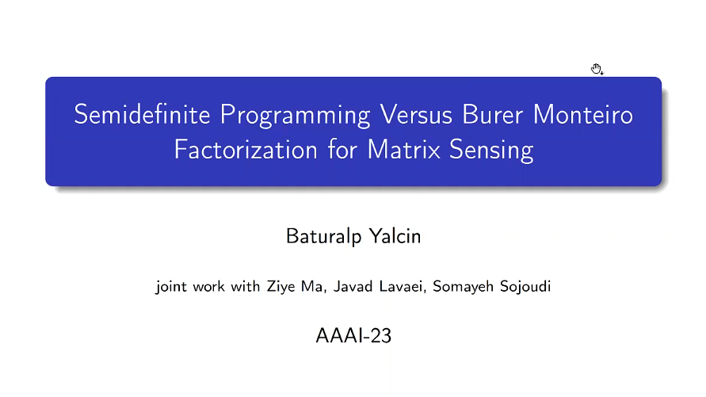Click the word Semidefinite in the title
pyautogui.click(x=143, y=115)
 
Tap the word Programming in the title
pyautogui.click(x=295, y=115)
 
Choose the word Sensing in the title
pyautogui.click(x=490, y=150)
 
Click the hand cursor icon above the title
pyautogui.click(x=597, y=69)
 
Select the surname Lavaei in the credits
pyautogui.click(x=393, y=286)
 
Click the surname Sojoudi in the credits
pyautogui.click(x=522, y=286)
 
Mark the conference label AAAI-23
pyautogui.click(x=353, y=335)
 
